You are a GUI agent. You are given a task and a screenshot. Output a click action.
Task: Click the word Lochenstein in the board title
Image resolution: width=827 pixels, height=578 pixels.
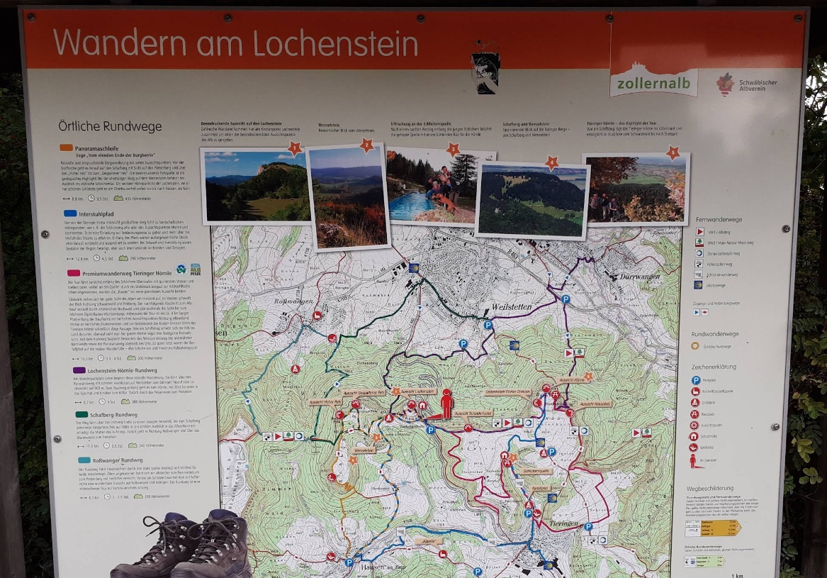tap(335, 44)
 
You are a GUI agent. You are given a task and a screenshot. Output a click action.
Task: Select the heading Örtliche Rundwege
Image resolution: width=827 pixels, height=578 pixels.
tap(110, 126)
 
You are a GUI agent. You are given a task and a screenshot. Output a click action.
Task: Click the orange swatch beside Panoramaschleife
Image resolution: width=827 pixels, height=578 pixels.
tap(67, 148)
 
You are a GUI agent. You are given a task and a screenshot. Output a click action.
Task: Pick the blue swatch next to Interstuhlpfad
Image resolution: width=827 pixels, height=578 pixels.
tap(70, 212)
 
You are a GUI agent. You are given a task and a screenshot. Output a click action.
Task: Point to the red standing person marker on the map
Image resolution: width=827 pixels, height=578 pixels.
tap(446, 404)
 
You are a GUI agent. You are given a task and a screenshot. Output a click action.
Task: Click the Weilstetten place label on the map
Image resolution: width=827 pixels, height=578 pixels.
tap(511, 306)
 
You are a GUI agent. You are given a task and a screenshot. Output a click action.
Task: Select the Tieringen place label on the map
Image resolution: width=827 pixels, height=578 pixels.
tap(563, 523)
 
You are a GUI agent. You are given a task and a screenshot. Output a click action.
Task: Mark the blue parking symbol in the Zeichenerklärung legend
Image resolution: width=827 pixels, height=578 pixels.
tap(696, 380)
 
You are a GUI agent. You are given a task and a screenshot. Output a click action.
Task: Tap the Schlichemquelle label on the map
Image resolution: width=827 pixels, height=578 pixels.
tap(536, 470)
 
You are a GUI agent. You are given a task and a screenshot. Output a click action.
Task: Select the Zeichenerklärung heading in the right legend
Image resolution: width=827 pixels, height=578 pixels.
tap(714, 367)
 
